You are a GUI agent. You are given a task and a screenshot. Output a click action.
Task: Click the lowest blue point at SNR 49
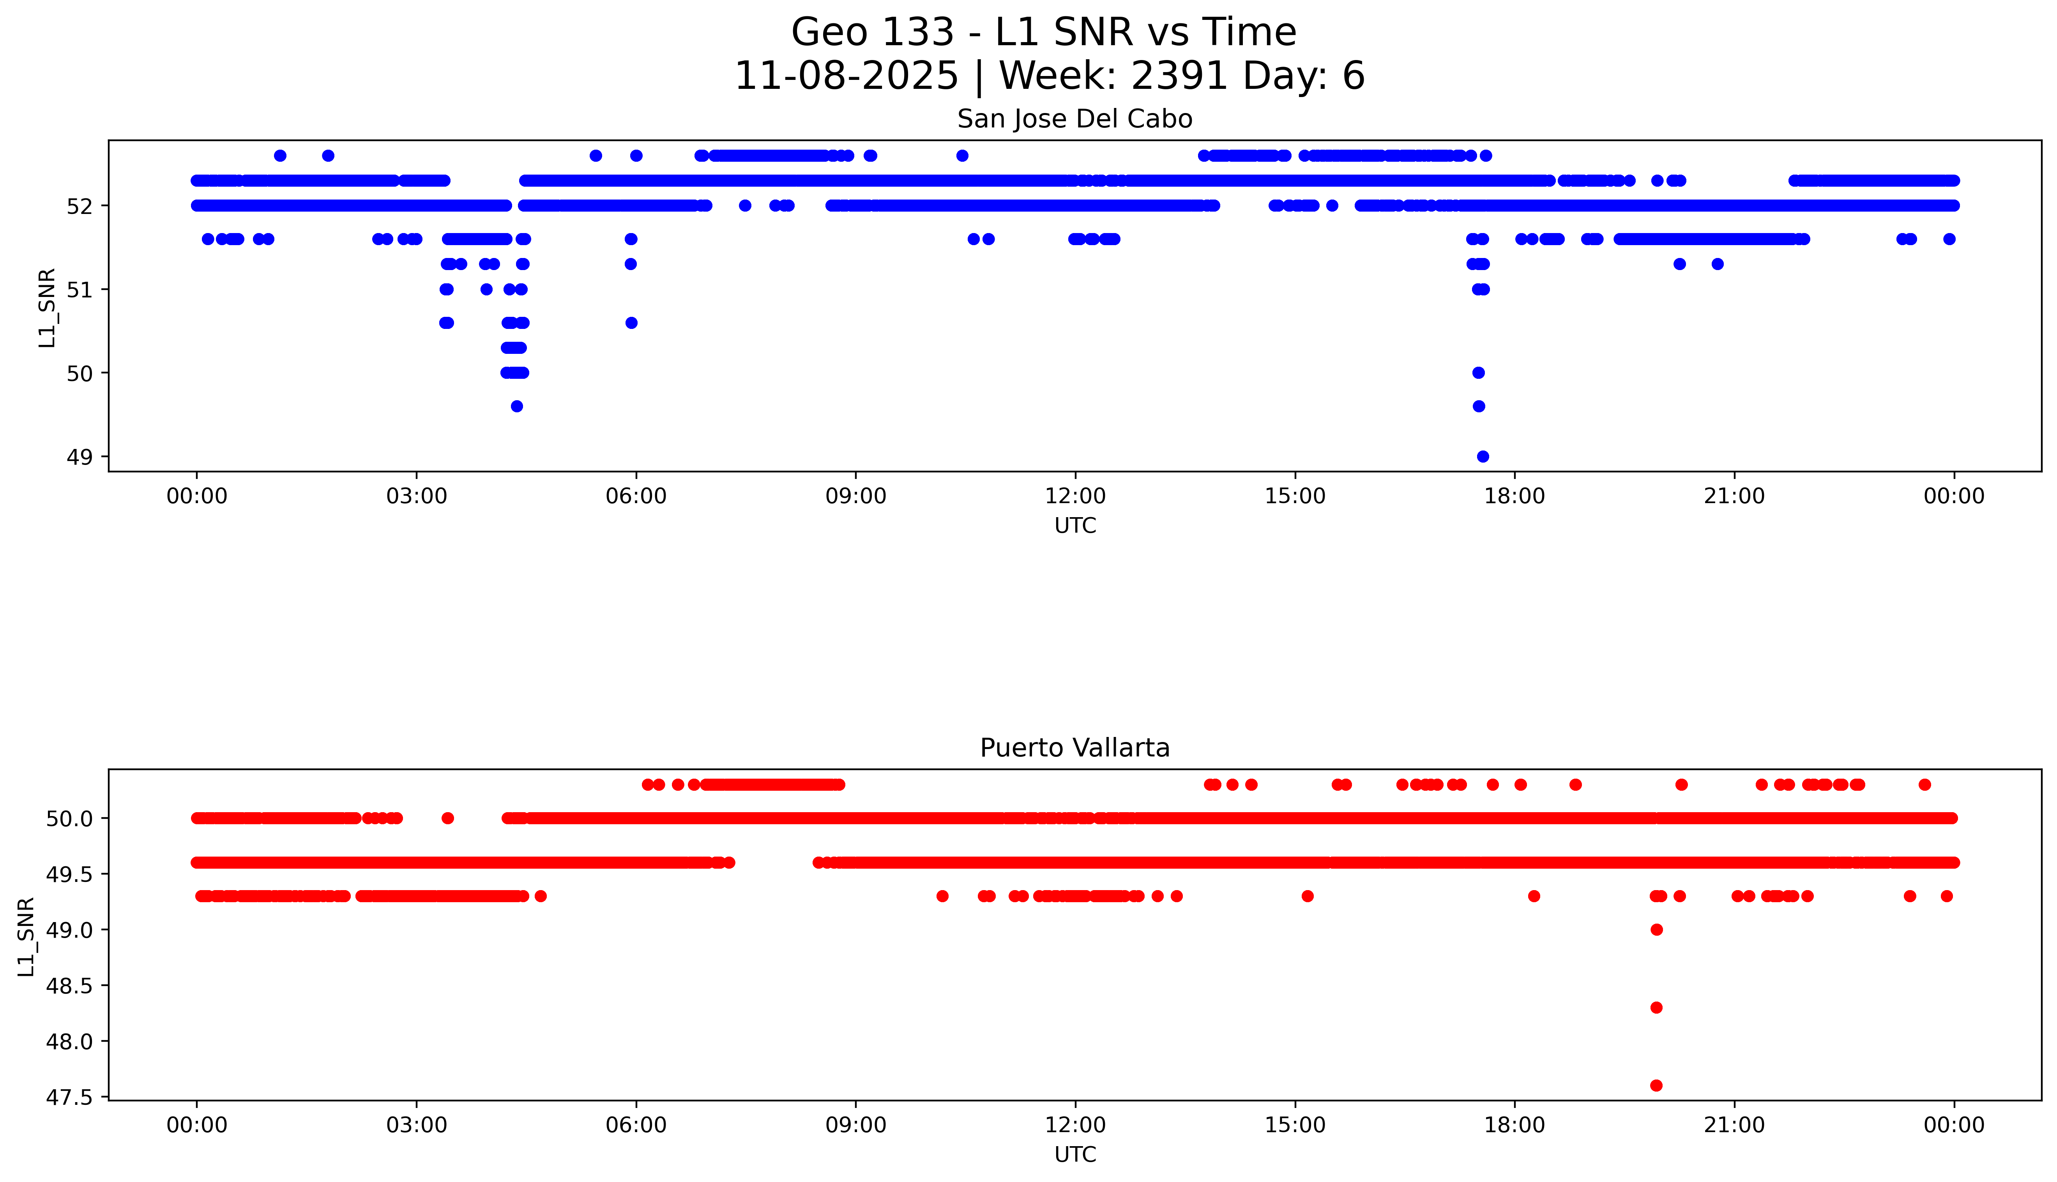(1482, 456)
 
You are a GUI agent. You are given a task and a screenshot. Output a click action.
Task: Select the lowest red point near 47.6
(1656, 1085)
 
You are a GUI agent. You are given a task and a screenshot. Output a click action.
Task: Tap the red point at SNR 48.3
(1656, 1007)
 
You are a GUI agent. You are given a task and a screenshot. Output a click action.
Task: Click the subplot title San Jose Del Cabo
(1074, 119)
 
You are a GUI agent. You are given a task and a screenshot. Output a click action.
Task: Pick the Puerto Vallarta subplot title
(1074, 748)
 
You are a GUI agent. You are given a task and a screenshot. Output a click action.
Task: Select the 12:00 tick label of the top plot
(1075, 496)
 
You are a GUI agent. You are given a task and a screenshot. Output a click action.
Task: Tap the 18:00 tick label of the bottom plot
(1514, 1125)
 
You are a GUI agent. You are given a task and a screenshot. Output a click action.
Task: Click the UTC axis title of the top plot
(1075, 526)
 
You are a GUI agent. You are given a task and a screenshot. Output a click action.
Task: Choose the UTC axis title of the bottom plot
(1075, 1154)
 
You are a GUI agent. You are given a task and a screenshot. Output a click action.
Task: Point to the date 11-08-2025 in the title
(846, 76)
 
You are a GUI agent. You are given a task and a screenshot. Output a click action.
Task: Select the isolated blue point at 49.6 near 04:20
(516, 406)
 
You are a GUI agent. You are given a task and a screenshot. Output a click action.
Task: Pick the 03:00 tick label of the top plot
(417, 496)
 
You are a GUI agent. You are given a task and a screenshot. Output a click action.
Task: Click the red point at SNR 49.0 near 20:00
(1656, 929)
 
